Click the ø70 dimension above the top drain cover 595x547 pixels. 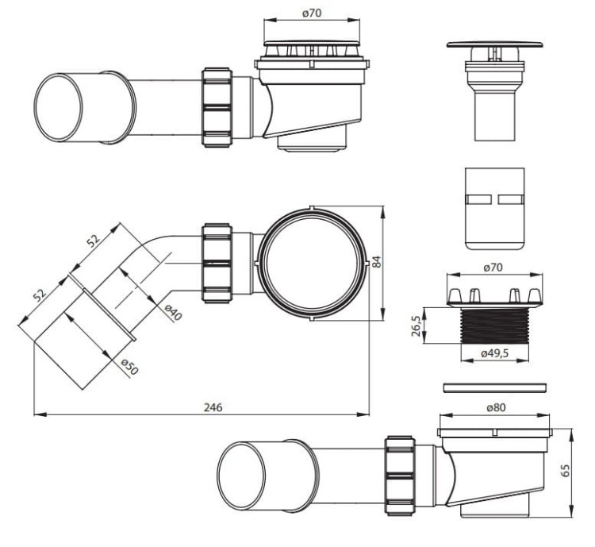pyautogui.click(x=312, y=13)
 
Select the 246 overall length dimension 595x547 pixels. pyautogui.click(x=213, y=407)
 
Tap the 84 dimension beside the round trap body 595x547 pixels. pyautogui.click(x=376, y=262)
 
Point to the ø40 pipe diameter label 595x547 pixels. pyautogui.click(x=174, y=312)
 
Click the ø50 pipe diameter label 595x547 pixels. pyautogui.click(x=129, y=367)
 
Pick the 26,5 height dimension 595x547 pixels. pyautogui.click(x=416, y=326)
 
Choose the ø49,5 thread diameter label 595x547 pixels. pyautogui.click(x=494, y=353)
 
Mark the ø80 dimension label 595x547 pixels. pyautogui.click(x=496, y=407)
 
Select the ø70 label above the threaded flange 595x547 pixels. pyautogui.click(x=493, y=268)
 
